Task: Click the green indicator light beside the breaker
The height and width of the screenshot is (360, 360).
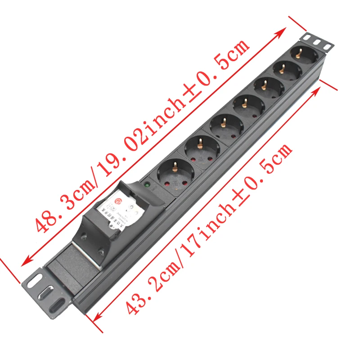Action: pyautogui.click(x=147, y=184)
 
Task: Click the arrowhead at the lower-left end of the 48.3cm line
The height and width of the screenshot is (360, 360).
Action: pyautogui.click(x=25, y=261)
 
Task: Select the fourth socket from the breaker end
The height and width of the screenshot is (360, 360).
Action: pyautogui.click(x=245, y=104)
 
